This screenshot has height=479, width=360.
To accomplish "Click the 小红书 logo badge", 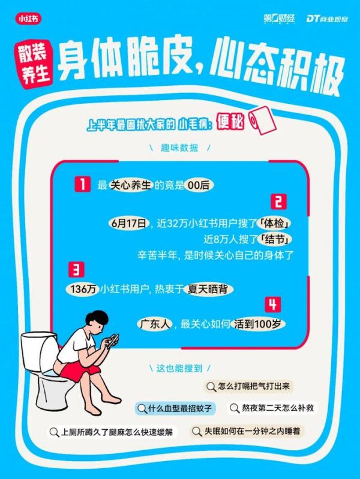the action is pyautogui.click(x=28, y=19).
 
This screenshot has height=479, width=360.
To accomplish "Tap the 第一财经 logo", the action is pyautogui.click(x=279, y=19).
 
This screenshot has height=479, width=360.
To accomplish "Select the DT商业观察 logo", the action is pyautogui.click(x=327, y=19).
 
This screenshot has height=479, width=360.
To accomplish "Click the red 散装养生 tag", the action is pyautogui.click(x=34, y=65).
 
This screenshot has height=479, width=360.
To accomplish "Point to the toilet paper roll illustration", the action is pyautogui.click(x=262, y=120).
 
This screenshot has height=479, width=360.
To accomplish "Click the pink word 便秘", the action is pyautogui.click(x=230, y=122).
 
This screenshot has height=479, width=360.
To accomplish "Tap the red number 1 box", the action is pyautogui.click(x=83, y=184).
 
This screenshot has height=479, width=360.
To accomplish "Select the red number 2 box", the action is pyautogui.click(x=278, y=201).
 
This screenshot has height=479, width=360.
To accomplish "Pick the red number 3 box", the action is pyautogui.click(x=76, y=269).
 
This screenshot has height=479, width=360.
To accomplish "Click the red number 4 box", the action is pyautogui.click(x=273, y=305).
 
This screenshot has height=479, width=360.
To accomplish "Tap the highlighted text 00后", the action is pyautogui.click(x=199, y=185).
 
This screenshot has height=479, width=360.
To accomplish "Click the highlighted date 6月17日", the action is pyautogui.click(x=128, y=223).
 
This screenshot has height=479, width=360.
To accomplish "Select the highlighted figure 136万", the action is pyautogui.click(x=83, y=289).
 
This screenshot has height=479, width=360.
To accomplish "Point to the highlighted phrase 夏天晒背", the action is pyautogui.click(x=208, y=289).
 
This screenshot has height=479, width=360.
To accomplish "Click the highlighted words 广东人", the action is pyautogui.click(x=154, y=324).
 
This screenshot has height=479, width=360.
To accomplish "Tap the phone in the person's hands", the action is pyautogui.click(x=113, y=340).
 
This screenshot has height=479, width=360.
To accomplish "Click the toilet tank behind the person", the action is pyautogui.click(x=39, y=351).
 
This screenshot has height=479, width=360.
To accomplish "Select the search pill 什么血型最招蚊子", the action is pyautogui.click(x=175, y=408).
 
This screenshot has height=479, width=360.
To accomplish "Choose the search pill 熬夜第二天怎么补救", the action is pyautogui.click(x=272, y=408).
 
